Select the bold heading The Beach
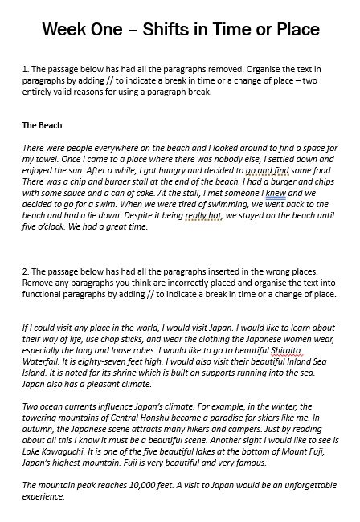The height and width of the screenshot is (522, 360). click(42, 125)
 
